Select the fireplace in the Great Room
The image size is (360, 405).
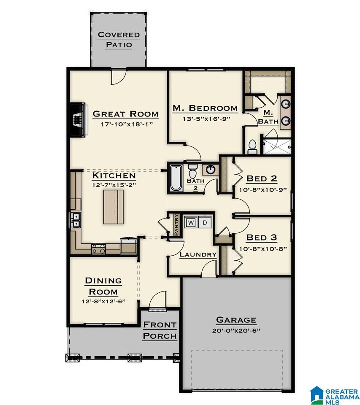[x=78, y=119]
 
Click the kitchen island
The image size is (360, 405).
[x=114, y=207]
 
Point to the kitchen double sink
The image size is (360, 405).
[x=76, y=220]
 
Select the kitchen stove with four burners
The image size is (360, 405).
[x=99, y=249]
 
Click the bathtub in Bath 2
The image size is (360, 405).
[x=175, y=178]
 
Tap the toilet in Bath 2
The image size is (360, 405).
[x=192, y=172]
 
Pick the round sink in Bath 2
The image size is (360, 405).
[x=210, y=170]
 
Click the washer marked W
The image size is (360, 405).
[x=191, y=222]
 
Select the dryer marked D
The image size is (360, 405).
[x=205, y=222]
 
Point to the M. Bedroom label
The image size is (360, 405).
[x=205, y=108]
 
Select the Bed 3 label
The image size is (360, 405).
[x=261, y=238]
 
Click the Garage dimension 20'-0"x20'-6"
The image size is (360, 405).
[x=236, y=331]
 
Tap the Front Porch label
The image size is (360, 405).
[x=160, y=330]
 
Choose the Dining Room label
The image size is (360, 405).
[x=103, y=286]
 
